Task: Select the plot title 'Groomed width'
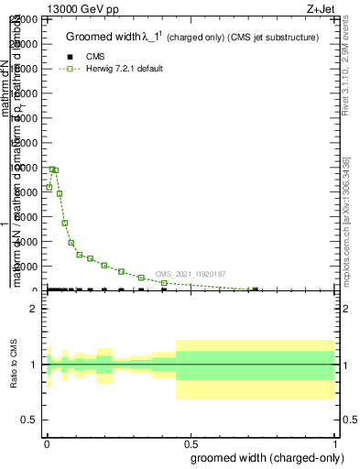[105, 37]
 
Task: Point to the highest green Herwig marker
[52, 169]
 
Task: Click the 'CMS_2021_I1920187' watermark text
[190, 274]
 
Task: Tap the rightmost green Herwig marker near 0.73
[255, 289]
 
